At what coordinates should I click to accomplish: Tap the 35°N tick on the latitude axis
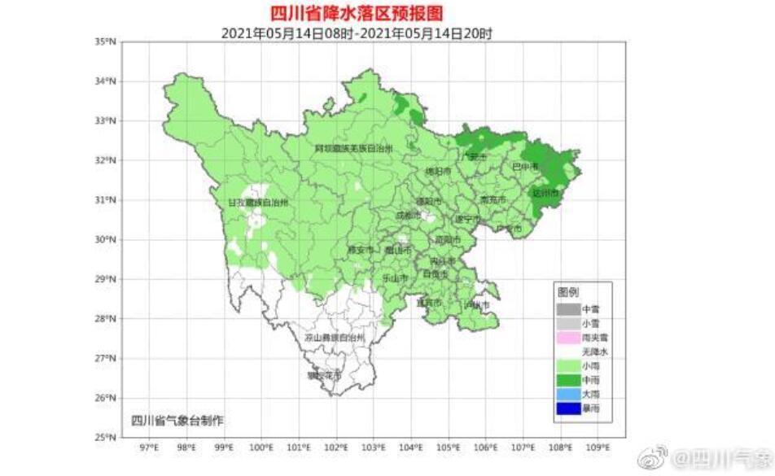pos(106,41)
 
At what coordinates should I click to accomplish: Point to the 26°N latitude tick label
pos(106,398)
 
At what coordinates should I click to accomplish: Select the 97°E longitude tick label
pos(149,448)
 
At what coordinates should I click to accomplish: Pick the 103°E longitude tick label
pos(374,448)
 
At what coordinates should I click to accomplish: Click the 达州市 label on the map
pos(545,194)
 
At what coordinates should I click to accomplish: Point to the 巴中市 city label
pos(524,167)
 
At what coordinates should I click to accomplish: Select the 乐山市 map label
pos(395,277)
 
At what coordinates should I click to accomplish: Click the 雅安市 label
pos(360,249)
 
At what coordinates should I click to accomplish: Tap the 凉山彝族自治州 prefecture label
pos(334,337)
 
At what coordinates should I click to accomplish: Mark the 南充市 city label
pos(493,199)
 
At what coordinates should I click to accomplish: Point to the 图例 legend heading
pos(567,290)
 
